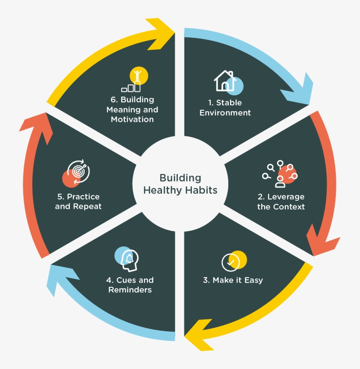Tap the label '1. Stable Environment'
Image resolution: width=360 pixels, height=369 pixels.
225,108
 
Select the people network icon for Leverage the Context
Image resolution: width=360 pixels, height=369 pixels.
280,174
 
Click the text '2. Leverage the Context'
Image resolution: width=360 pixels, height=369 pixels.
281,202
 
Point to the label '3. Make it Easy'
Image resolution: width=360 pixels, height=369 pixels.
233,280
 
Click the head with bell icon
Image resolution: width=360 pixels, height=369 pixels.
128,259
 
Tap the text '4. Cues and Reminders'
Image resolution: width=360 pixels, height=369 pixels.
130,285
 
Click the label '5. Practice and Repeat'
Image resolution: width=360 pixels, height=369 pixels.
78,201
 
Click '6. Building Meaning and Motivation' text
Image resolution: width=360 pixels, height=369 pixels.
132,109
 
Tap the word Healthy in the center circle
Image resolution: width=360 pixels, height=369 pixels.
162,190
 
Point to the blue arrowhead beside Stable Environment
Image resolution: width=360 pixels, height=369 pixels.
297,90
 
